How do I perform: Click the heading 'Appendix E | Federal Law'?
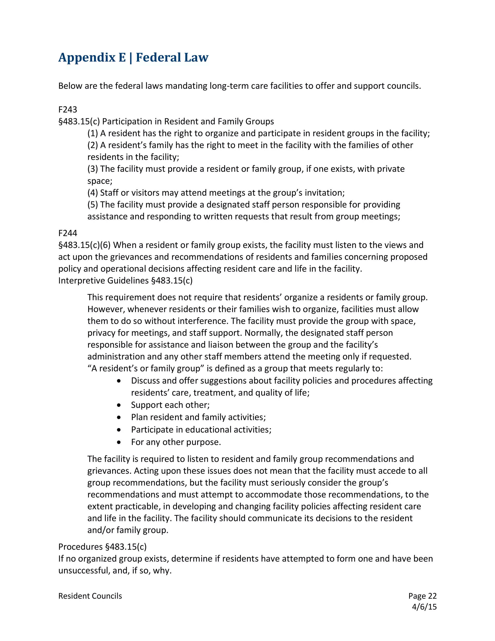tap(133, 57)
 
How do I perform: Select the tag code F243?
tap(68, 110)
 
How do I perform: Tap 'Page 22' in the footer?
tap(422, 596)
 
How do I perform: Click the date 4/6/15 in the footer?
tap(424, 607)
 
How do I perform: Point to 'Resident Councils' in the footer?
tap(90, 596)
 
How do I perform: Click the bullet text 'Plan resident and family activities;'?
tap(198, 417)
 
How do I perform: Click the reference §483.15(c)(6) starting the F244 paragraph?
tap(84, 245)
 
